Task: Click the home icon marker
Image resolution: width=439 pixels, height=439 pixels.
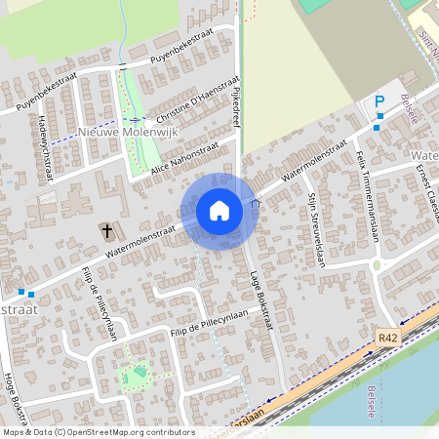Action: [219, 211]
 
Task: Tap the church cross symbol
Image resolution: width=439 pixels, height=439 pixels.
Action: [106, 231]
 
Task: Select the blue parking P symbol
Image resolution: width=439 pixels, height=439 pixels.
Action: [379, 101]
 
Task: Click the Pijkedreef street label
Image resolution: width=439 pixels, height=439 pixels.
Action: [237, 104]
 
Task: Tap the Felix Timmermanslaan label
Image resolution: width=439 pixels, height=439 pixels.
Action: [367, 189]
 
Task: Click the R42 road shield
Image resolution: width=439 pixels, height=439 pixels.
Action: [388, 337]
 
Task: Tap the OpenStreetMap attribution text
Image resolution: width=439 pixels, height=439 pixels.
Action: [98, 432]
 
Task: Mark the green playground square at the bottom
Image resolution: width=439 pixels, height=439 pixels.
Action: [136, 374]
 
